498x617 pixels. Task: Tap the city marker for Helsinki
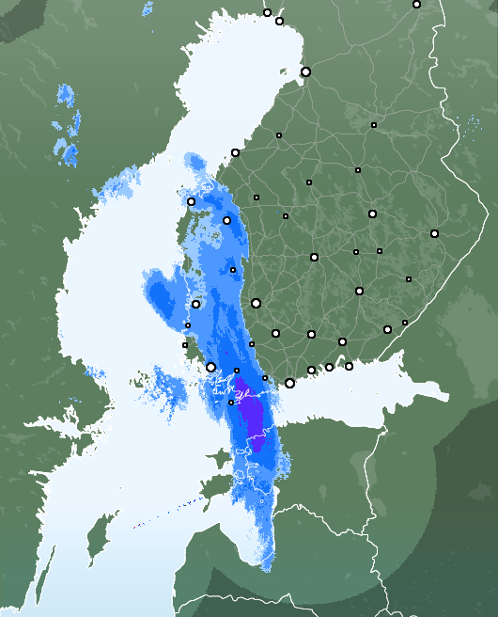289,383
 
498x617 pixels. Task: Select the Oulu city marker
305,71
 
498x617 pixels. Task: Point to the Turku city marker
210,368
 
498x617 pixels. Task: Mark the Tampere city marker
256,303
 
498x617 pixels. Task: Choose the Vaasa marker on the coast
191,201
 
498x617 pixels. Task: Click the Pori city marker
195,304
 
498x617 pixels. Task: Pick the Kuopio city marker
372,214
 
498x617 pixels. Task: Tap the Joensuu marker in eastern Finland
434,233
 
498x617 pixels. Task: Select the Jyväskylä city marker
314,257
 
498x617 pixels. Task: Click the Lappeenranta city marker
387,329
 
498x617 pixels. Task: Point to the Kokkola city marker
235,152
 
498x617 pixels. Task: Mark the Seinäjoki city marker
226,220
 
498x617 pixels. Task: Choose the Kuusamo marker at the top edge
416,5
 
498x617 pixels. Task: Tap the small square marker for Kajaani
374,125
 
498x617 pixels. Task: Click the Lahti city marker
311,334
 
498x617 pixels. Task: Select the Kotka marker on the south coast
349,366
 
